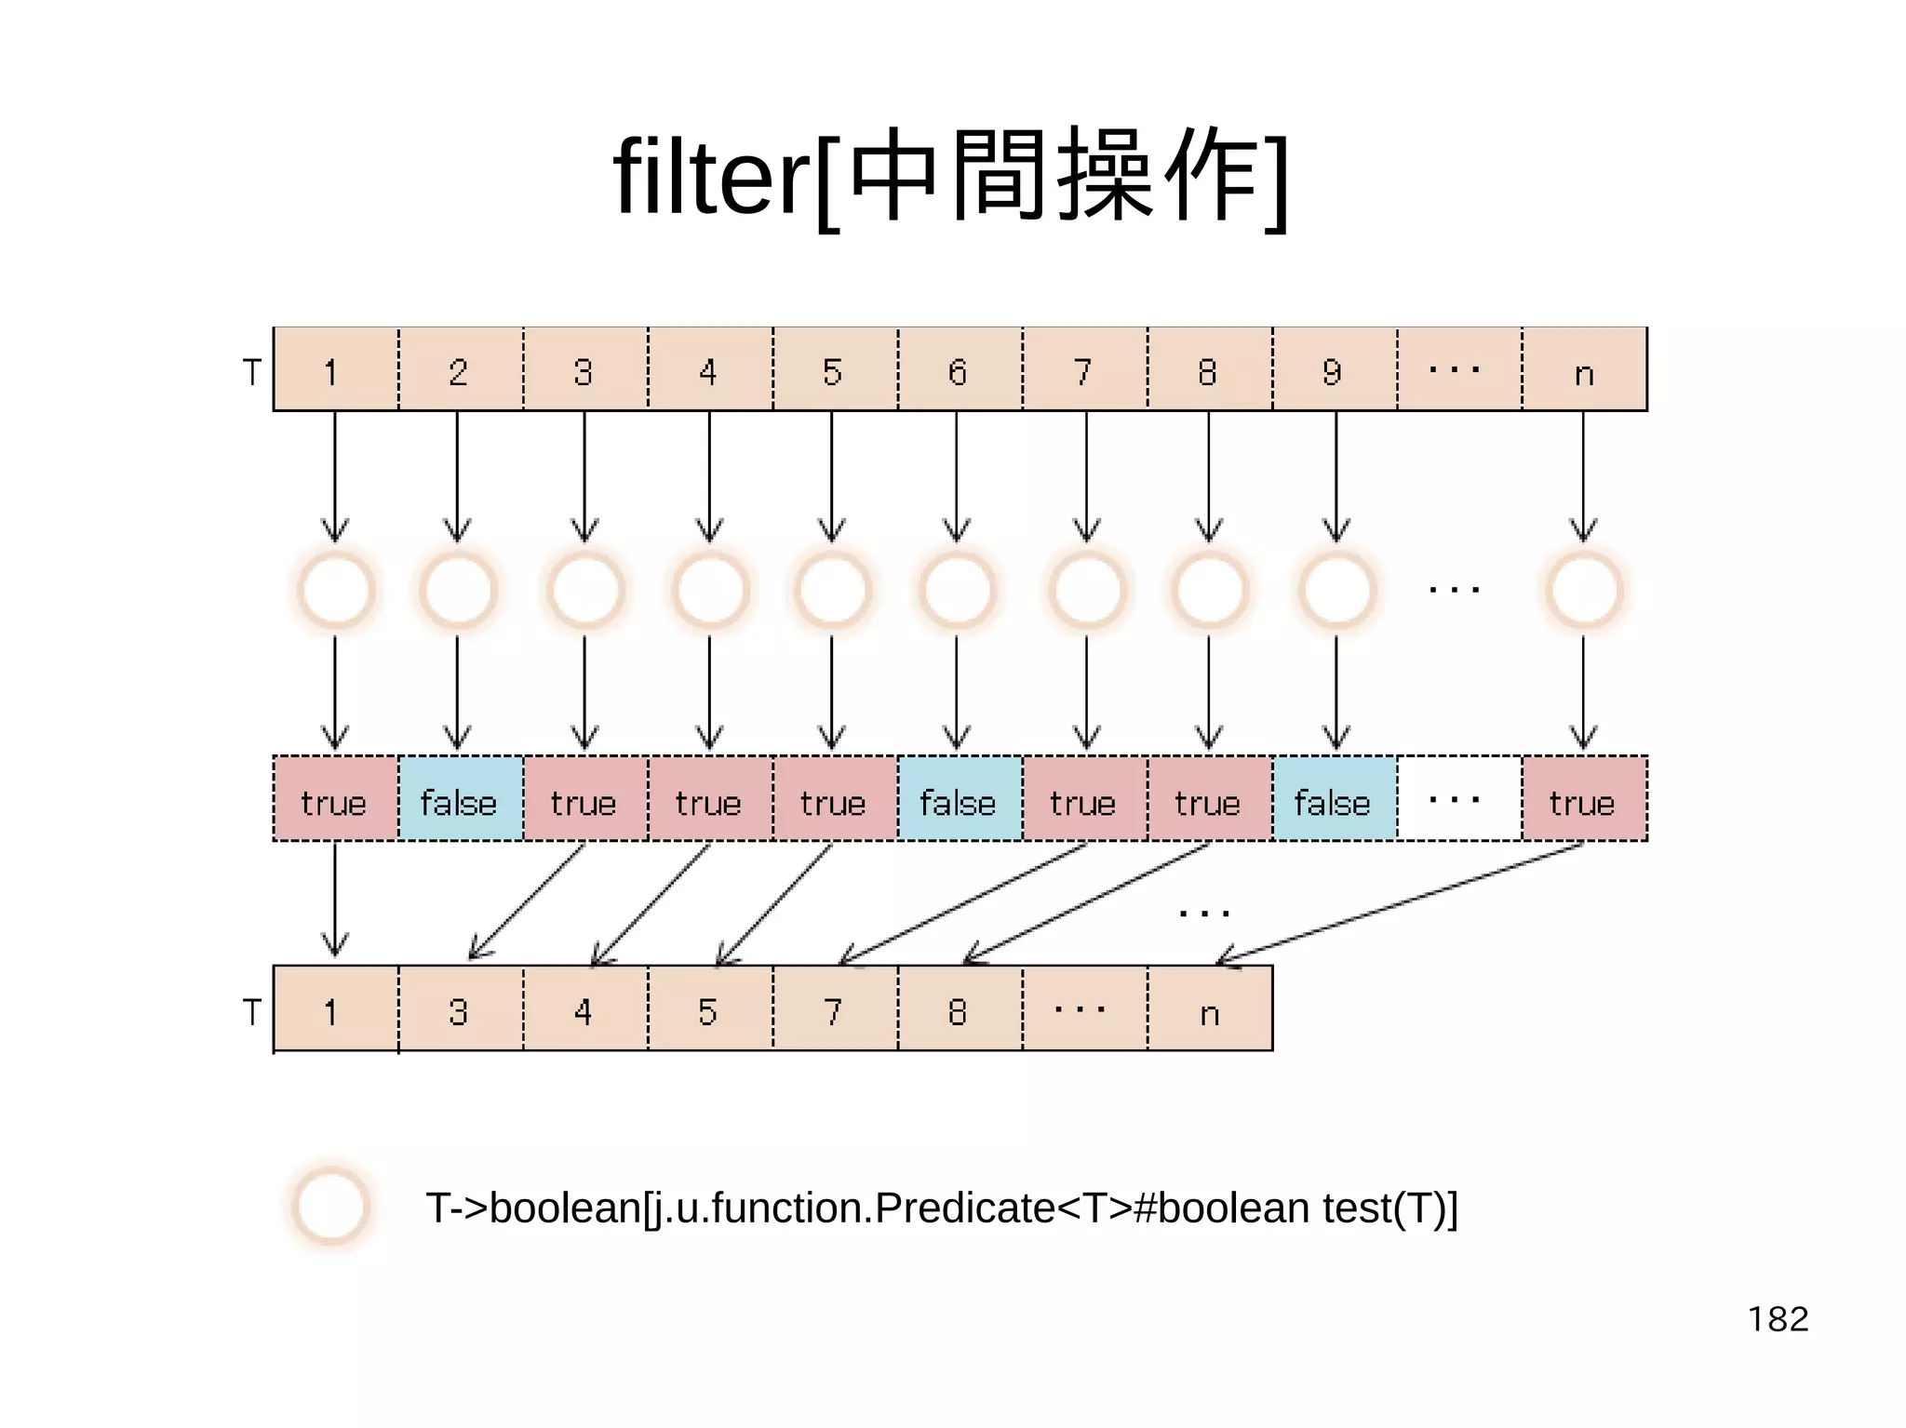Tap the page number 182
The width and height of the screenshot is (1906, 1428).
(x=1778, y=1319)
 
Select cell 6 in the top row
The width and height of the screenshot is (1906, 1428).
(x=959, y=370)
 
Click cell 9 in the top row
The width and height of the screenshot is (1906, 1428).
(x=1334, y=370)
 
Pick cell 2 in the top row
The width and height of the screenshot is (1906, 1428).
(x=459, y=370)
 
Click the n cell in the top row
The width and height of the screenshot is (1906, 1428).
(x=1584, y=370)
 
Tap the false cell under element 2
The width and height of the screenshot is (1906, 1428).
(x=460, y=800)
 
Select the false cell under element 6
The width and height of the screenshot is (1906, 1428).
(x=959, y=800)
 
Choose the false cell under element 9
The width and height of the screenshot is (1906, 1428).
(x=1334, y=800)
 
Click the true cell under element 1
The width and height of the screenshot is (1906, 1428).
(x=334, y=800)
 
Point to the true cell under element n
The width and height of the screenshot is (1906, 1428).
(x=1583, y=800)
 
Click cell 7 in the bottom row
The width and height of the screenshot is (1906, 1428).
(x=834, y=1010)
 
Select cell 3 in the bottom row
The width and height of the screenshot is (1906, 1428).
(x=459, y=1010)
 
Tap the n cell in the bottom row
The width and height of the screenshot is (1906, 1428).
(x=1209, y=1010)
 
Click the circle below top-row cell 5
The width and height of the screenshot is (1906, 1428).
(x=833, y=590)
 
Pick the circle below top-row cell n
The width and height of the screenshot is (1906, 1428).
(x=1584, y=590)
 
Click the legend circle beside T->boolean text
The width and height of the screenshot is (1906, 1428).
(x=330, y=1206)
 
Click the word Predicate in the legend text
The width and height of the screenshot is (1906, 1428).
(x=963, y=1208)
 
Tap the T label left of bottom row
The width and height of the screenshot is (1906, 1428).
(x=252, y=1011)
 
